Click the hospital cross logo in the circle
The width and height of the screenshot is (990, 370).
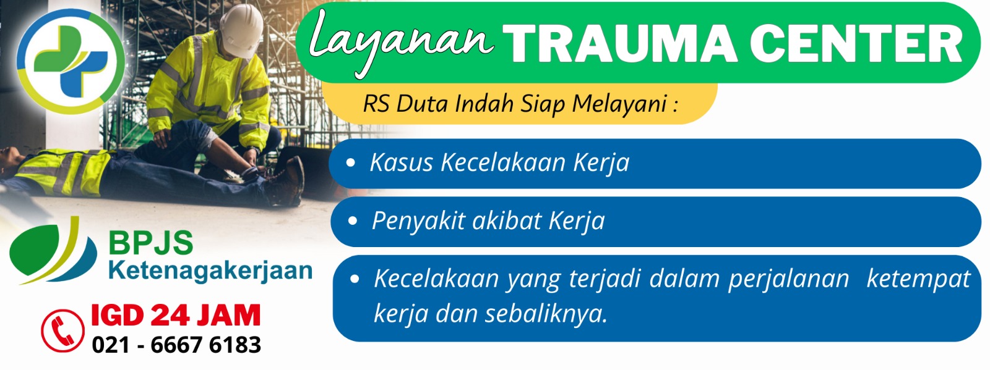pyautogui.click(x=71, y=61)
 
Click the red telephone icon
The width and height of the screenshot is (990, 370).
pyautogui.click(x=62, y=330)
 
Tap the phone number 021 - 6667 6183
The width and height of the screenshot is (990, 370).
pyautogui.click(x=176, y=345)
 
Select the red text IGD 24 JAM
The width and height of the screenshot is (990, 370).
pyautogui.click(x=176, y=315)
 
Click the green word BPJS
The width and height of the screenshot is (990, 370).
pyautogui.click(x=151, y=243)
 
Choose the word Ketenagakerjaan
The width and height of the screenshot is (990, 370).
pyautogui.click(x=210, y=271)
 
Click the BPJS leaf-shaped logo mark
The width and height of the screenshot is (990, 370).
pyautogui.click(x=53, y=251)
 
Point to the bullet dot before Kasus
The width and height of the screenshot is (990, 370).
pyautogui.click(x=351, y=162)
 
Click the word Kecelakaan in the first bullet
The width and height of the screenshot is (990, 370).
pyautogui.click(x=503, y=162)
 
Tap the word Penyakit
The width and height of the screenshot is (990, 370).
pyautogui.click(x=420, y=221)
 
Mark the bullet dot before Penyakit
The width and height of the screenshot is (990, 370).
pyautogui.click(x=352, y=221)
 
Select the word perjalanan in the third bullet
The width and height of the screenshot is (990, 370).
pyautogui.click(x=788, y=280)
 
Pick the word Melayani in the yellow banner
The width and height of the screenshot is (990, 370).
pyautogui.click(x=619, y=104)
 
